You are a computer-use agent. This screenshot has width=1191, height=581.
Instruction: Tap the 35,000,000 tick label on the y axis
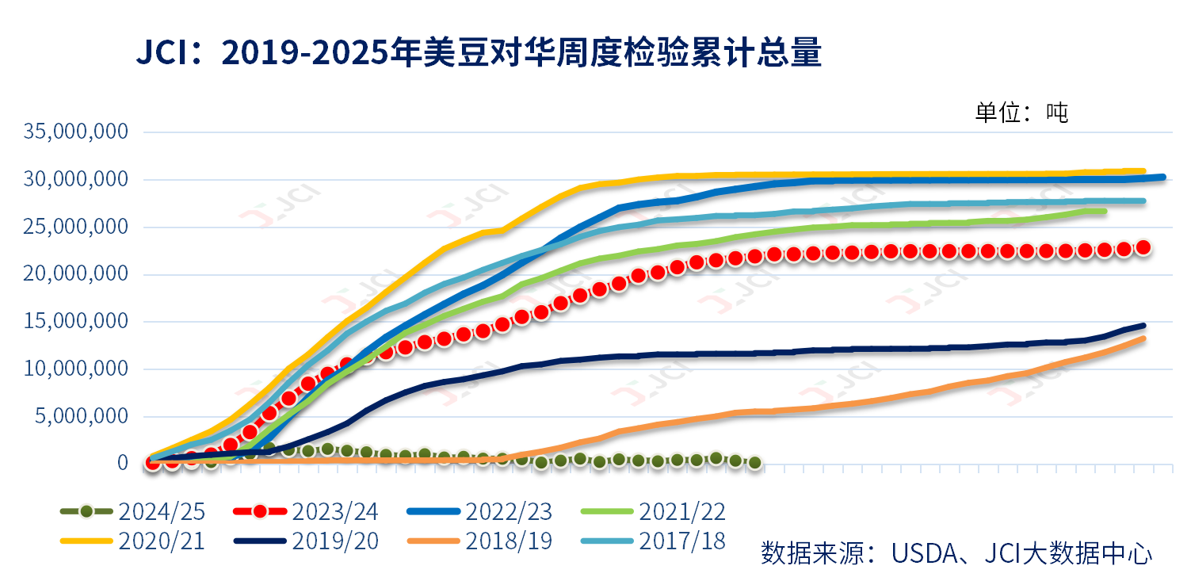76,132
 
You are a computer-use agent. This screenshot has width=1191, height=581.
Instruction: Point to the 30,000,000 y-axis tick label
76,179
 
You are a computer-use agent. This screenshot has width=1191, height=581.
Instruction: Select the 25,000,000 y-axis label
76,227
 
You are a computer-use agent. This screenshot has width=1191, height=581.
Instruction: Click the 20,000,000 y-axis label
76,274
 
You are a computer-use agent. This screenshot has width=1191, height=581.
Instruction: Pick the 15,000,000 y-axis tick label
76,321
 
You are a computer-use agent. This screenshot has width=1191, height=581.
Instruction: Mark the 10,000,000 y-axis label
76,369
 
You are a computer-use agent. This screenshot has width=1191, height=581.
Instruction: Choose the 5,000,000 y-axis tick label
82,416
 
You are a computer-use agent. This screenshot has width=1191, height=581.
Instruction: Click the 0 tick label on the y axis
122,463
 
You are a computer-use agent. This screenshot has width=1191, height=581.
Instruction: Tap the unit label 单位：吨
1021,113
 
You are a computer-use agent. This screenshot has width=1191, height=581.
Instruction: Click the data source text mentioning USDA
956,552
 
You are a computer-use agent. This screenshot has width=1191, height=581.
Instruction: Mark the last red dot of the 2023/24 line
1143,247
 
